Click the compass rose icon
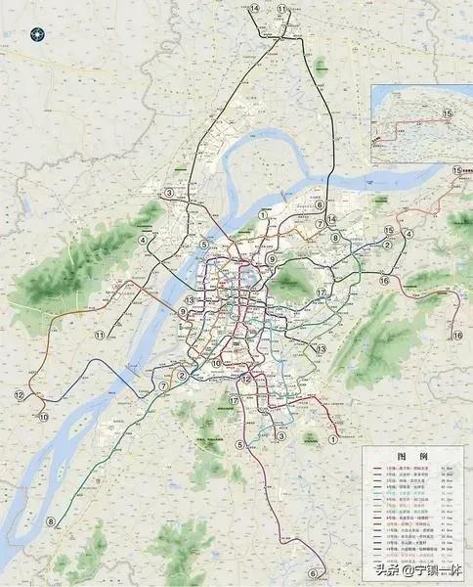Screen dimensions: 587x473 [38, 33]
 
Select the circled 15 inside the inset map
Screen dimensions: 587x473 [448, 114]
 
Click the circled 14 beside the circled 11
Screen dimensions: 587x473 [254, 9]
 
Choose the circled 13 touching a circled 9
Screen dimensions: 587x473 [190, 300]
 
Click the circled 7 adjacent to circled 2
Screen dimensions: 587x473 [163, 385]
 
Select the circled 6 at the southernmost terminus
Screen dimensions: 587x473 [313, 573]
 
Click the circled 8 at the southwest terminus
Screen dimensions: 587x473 [51, 521]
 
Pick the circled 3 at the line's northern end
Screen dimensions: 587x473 [169, 193]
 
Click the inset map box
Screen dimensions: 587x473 [421, 123]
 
